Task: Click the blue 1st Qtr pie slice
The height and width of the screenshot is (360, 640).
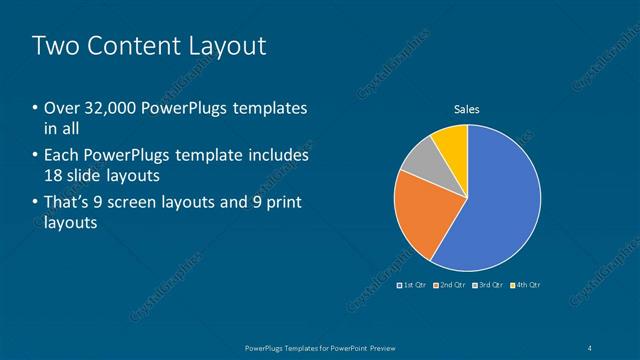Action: pyautogui.click(x=495, y=205)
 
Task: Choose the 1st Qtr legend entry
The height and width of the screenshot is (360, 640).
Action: pyautogui.click(x=415, y=285)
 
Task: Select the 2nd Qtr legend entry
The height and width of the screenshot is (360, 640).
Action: pyautogui.click(x=452, y=285)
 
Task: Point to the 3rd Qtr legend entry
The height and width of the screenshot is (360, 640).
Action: pyautogui.click(x=490, y=285)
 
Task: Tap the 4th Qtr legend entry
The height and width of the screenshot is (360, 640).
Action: pyautogui.click(x=527, y=285)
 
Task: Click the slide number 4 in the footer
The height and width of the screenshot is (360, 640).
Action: pyautogui.click(x=592, y=347)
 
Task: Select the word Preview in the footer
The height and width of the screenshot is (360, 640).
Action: pyautogui.click(x=380, y=347)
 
